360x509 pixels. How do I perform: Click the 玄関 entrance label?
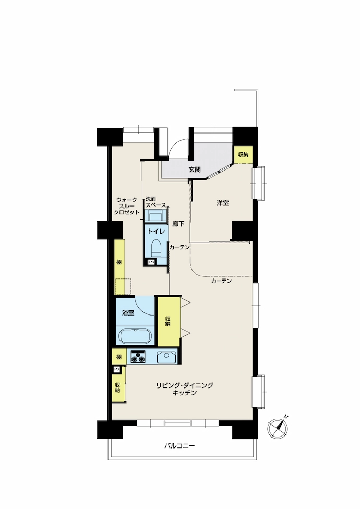click(195, 169)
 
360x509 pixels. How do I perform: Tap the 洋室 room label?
click(223, 203)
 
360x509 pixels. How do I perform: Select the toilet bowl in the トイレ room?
click(157, 248)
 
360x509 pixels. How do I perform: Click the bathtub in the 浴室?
click(135, 336)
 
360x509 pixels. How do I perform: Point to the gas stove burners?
click(138, 357)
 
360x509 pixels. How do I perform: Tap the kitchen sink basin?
click(166, 357)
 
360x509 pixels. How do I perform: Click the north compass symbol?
click(278, 428)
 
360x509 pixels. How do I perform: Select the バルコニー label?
click(179, 446)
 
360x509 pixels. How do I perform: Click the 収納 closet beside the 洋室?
click(244, 155)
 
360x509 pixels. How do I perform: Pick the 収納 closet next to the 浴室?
click(169, 321)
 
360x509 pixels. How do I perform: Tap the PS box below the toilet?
click(152, 262)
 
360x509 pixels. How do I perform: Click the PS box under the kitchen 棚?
click(116, 369)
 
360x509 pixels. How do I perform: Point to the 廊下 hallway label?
click(178, 224)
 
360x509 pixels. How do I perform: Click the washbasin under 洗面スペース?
click(155, 215)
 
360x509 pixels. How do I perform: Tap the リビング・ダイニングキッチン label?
click(184, 389)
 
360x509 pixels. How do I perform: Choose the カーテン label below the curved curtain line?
click(221, 281)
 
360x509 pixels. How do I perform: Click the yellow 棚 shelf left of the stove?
click(119, 357)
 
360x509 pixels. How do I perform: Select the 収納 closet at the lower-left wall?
click(119, 387)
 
